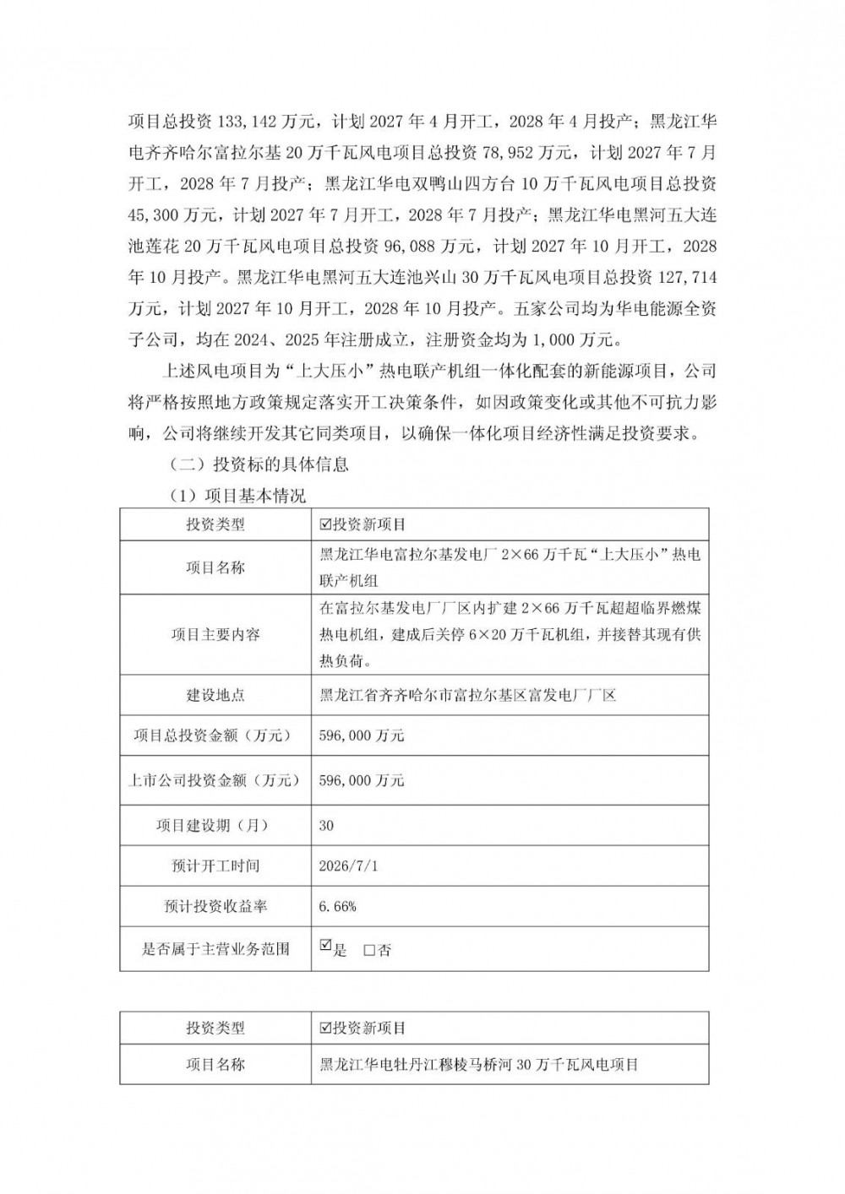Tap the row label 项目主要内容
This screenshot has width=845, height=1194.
point(215,634)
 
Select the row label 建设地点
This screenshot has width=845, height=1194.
point(215,695)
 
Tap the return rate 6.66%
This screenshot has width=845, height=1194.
point(338,906)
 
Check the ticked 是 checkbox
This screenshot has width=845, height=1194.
point(326,947)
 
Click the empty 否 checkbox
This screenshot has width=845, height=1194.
point(368,950)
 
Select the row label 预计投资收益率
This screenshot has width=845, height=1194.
point(215,906)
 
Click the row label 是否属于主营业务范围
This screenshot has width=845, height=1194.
point(215,949)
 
